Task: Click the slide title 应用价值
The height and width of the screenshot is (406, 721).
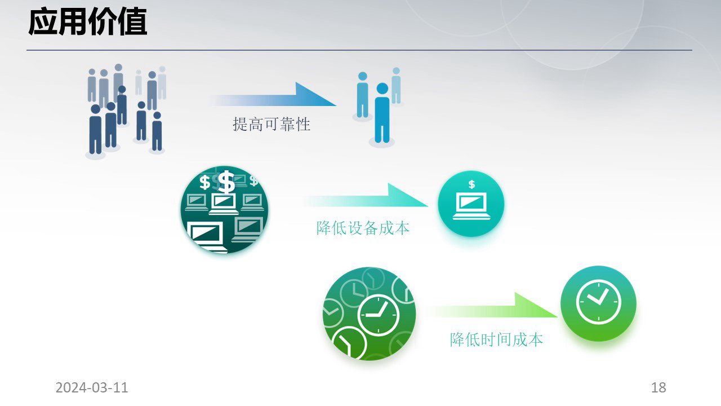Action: tap(88, 22)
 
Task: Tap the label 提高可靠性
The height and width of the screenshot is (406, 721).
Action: tap(272, 125)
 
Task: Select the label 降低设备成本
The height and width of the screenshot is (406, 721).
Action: tap(363, 228)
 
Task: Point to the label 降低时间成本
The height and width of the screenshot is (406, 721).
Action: tap(496, 339)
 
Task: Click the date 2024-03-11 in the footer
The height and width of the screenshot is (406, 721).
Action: tap(92, 387)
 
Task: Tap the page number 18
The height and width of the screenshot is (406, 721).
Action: tap(658, 387)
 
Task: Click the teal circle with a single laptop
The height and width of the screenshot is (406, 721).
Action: tap(471, 204)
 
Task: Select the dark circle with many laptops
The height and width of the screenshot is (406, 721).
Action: tap(224, 210)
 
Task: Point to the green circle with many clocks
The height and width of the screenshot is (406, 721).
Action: tap(369, 314)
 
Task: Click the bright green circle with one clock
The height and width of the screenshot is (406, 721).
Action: tap(598, 303)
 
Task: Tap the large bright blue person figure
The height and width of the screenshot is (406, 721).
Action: tap(382, 113)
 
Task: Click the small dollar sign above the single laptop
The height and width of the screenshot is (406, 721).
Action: tap(471, 184)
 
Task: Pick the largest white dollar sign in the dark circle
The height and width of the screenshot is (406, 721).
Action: tap(226, 182)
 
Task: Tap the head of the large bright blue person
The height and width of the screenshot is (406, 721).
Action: tap(382, 89)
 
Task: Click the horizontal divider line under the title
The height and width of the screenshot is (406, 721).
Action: tap(359, 50)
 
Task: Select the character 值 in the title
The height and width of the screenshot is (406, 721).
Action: tap(132, 22)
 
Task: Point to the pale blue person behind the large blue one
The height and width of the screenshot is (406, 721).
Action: tap(396, 85)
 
